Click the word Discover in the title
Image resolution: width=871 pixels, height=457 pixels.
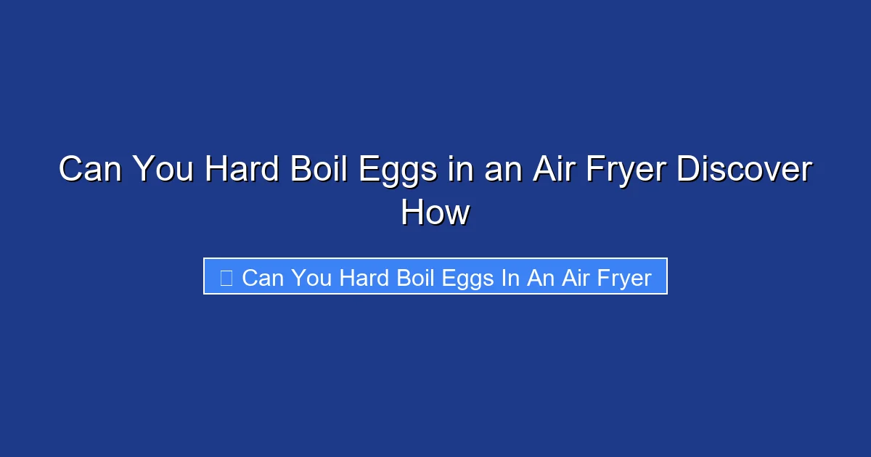point(744,170)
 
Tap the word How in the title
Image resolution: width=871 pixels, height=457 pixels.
point(435,213)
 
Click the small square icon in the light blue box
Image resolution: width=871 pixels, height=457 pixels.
point(226,277)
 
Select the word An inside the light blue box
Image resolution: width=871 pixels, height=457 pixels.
point(540,277)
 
